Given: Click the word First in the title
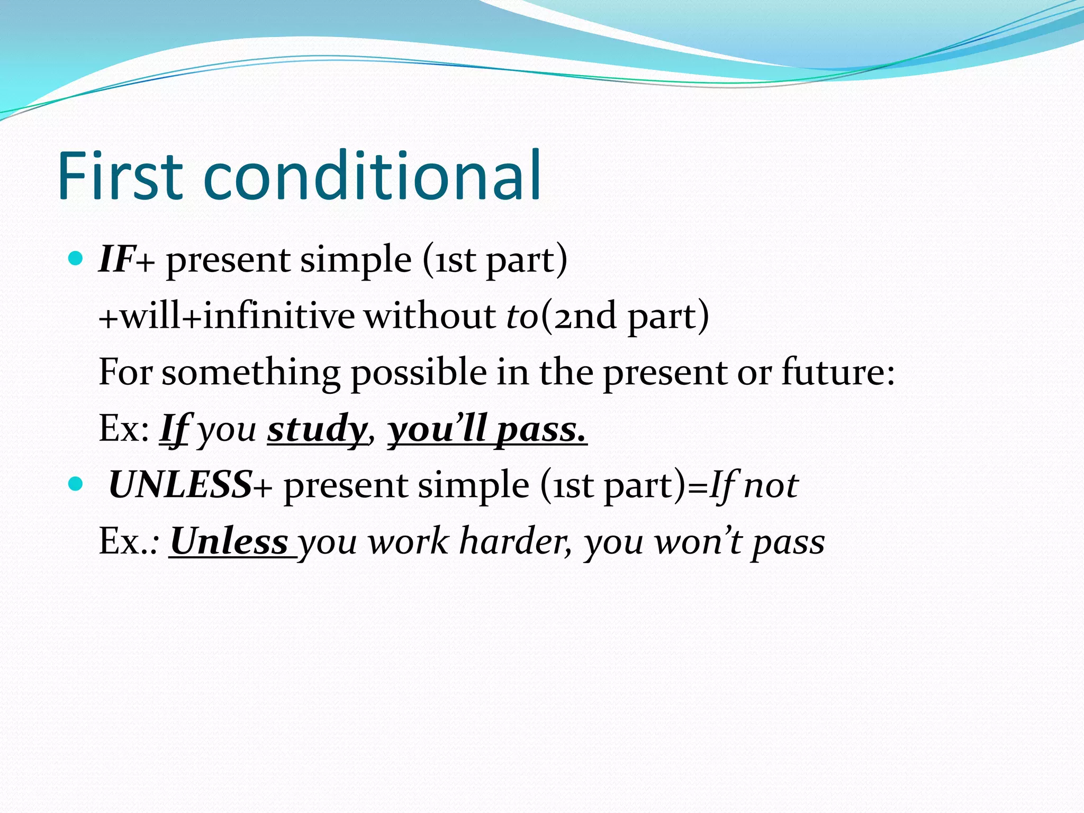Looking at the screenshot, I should pyautogui.click(x=121, y=176).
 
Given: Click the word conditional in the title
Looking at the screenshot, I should pyautogui.click(x=372, y=176).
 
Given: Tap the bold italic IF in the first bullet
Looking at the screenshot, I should pyautogui.click(x=116, y=259).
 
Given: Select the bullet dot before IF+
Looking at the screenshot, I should pyautogui.click(x=76, y=258).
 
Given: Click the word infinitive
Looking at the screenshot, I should pyautogui.click(x=279, y=316).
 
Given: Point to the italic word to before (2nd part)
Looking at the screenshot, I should pyautogui.click(x=522, y=316).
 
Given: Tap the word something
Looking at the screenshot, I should pyautogui.click(x=251, y=372).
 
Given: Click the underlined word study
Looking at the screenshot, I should pyautogui.click(x=317, y=429).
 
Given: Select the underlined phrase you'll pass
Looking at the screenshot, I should pyautogui.click(x=487, y=429).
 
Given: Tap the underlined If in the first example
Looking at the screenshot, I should pyautogui.click(x=174, y=429).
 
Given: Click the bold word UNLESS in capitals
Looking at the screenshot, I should pyautogui.click(x=180, y=485).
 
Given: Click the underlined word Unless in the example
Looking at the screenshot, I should pyautogui.click(x=229, y=541).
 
